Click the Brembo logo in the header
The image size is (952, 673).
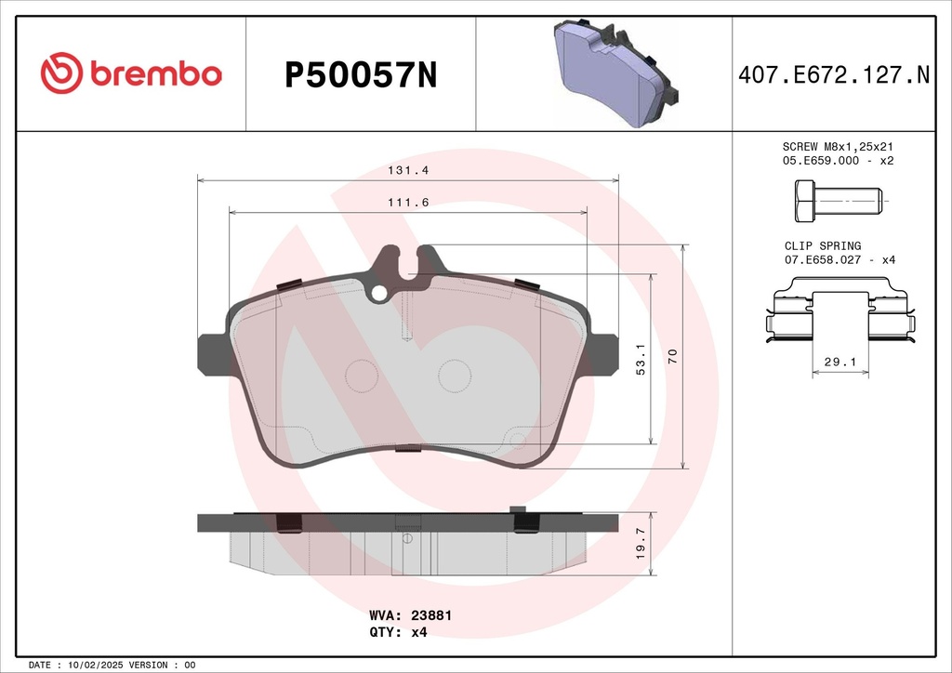(131, 73)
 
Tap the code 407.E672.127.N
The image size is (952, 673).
(834, 74)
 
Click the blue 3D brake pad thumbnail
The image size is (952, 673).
(615, 73)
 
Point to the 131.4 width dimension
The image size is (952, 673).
(408, 170)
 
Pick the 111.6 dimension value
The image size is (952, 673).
(408, 203)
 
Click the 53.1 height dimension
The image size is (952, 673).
(641, 359)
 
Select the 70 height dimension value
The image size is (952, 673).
(672, 356)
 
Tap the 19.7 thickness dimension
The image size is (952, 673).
(641, 544)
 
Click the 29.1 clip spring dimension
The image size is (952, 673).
(840, 363)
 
